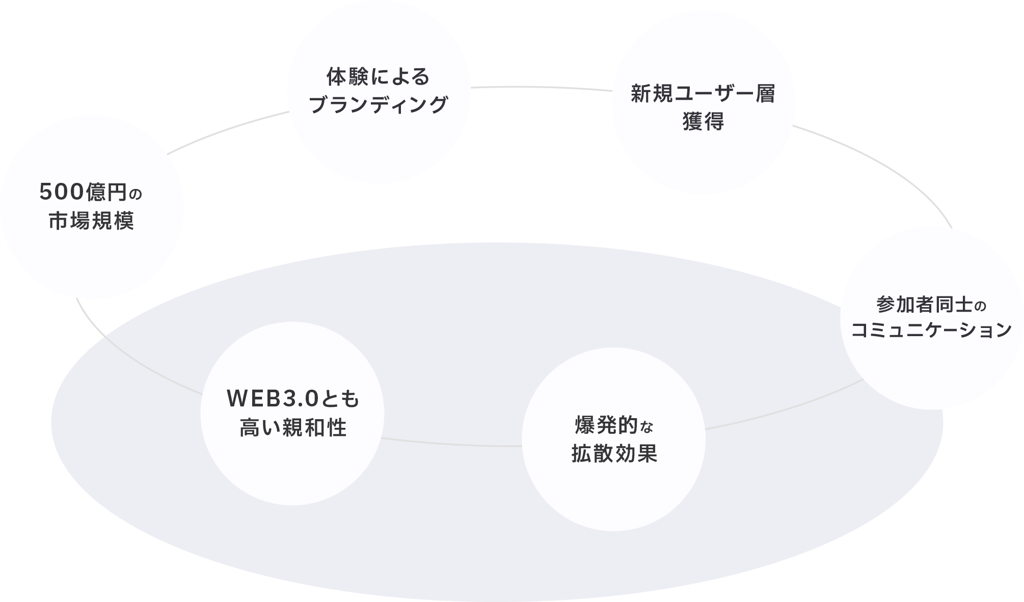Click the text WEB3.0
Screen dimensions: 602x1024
[273, 399]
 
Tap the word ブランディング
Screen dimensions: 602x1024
[378, 105]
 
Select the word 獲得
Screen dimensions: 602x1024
[703, 122]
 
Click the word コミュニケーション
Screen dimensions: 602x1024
[931, 331]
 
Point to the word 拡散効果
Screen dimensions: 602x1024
[614, 453]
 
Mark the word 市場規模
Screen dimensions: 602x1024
[92, 222]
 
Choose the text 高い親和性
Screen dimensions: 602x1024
[293, 428]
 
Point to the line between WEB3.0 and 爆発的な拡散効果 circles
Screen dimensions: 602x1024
[451, 443]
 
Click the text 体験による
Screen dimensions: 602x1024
[378, 77]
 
